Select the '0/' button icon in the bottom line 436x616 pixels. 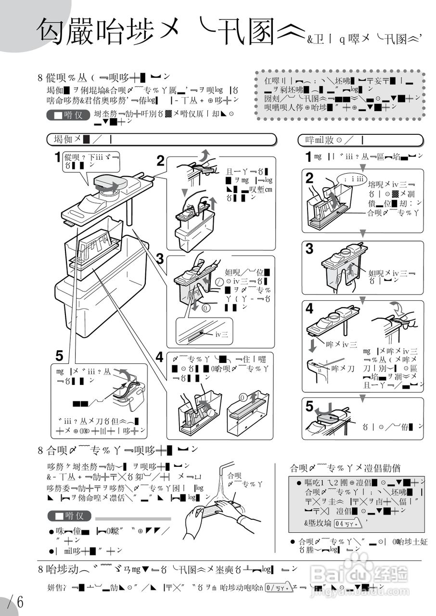point(278,588)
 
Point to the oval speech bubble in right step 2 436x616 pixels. point(352,179)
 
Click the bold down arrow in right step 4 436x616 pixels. point(313,345)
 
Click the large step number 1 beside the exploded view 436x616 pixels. point(58,157)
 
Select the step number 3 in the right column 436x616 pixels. point(309,249)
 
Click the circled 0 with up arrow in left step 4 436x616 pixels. point(242,398)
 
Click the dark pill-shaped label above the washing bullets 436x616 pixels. point(69,516)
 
